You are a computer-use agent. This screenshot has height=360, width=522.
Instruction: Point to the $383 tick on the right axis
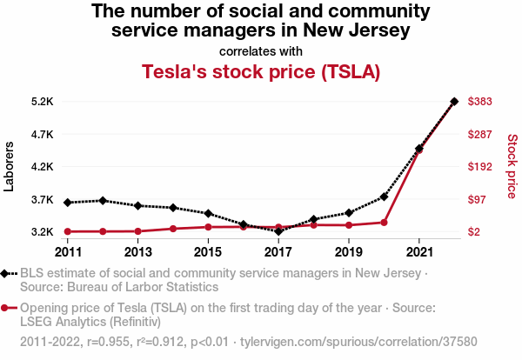pyautogui.click(x=480, y=102)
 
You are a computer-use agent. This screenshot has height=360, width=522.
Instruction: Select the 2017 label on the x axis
pyautogui.click(x=278, y=252)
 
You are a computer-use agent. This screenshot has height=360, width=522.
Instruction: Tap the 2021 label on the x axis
pyautogui.click(x=419, y=252)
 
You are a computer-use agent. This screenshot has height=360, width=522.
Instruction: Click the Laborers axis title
pyautogui.click(x=10, y=167)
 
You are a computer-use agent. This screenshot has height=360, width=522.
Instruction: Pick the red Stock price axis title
pyautogui.click(x=512, y=165)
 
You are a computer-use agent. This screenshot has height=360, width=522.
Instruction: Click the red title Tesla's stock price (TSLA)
pyautogui.click(x=261, y=71)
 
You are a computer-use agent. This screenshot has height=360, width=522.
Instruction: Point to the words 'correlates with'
pyautogui.click(x=261, y=50)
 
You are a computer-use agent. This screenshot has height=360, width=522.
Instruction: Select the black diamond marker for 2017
pyautogui.click(x=278, y=231)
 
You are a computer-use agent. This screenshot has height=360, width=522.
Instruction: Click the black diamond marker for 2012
pyautogui.click(x=103, y=201)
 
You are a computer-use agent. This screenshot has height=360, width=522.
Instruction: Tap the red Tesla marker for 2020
pyautogui.click(x=384, y=223)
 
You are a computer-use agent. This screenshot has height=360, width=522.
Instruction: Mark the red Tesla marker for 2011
pyautogui.click(x=68, y=231)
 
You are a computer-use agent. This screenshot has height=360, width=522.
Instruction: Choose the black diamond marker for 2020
pyautogui.click(x=384, y=197)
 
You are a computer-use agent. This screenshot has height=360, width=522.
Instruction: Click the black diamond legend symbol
pyautogui.click(x=9, y=273)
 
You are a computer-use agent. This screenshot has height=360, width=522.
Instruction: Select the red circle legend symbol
pyautogui.click(x=9, y=308)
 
